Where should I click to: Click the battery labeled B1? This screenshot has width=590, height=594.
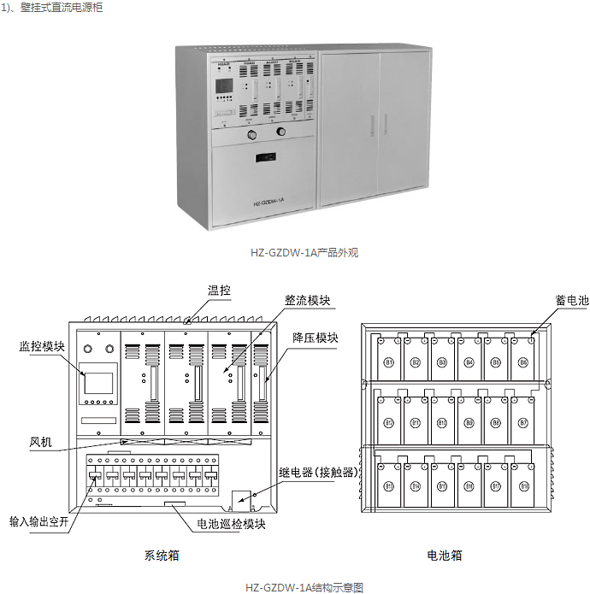(x=389, y=362)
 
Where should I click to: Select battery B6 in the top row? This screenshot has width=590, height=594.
(x=523, y=362)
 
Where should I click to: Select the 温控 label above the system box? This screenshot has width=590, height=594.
(x=220, y=291)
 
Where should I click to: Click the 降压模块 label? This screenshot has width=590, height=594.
(x=315, y=338)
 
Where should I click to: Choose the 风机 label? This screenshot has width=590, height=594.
(x=41, y=442)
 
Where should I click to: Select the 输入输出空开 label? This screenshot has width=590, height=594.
(x=38, y=520)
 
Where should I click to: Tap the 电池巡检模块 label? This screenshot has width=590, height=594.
(x=232, y=524)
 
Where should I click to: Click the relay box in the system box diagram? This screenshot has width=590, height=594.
(x=242, y=496)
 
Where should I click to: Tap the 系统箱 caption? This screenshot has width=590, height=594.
(x=162, y=555)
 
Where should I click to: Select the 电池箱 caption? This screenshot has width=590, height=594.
(x=445, y=555)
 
